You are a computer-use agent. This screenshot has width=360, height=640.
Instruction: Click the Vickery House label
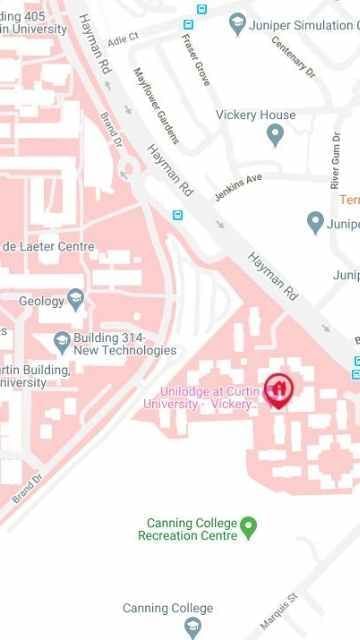click(255, 115)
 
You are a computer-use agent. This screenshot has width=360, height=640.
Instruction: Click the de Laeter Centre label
click(48, 246)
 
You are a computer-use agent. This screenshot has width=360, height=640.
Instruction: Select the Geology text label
click(41, 299)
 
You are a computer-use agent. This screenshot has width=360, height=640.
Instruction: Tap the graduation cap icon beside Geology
click(76, 299)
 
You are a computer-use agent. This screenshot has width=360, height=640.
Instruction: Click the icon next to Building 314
click(62, 343)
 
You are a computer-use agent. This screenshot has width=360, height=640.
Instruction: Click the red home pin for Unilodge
click(278, 390)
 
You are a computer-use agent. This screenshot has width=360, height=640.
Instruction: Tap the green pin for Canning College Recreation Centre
click(250, 524)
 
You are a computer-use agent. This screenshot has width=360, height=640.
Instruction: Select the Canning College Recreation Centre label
click(192, 529)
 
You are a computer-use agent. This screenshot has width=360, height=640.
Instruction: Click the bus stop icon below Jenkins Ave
click(178, 214)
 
